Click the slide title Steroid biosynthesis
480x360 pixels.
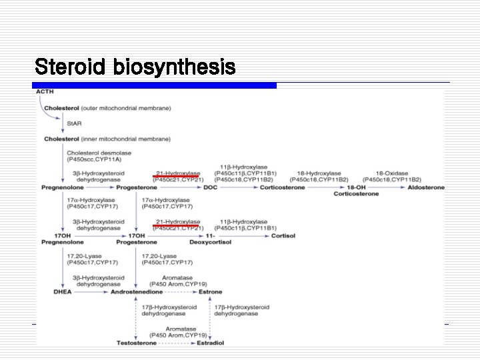point(135,67)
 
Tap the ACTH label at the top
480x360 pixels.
point(45,91)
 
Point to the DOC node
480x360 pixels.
point(210,188)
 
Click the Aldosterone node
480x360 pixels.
point(425,188)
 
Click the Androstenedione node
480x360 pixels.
point(137,292)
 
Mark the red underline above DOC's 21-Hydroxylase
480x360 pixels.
point(176,177)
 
